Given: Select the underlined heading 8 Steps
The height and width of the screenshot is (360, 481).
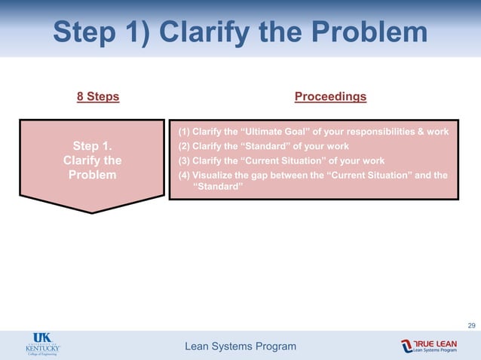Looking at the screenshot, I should pos(98,96).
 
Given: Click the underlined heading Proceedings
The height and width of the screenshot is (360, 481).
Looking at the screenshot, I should pos(330,96).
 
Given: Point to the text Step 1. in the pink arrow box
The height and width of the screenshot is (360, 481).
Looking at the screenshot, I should pos(92,146).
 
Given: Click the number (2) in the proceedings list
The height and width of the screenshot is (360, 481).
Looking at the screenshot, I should pos(183,146).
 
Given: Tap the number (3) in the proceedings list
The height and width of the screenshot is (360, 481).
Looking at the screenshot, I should pos(183,160).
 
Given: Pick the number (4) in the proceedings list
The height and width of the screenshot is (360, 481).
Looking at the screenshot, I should pos(183,175).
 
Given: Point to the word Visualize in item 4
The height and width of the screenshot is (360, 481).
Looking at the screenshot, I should pos(216,175).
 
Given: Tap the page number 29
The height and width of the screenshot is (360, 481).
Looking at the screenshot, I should pos(471,325).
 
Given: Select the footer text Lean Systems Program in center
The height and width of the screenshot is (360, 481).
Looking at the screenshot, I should pos(240,346).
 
